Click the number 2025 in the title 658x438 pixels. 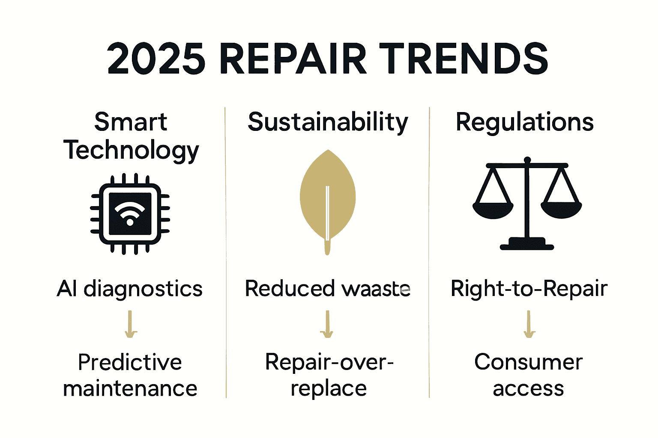(156, 59)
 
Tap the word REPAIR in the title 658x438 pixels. (293, 59)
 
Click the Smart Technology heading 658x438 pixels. (131, 136)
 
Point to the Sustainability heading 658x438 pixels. (328, 122)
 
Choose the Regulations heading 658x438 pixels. (524, 122)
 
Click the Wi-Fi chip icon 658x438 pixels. (130, 214)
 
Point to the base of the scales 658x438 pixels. (527, 244)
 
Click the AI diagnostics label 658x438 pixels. (129, 289)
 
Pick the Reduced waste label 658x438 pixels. (328, 289)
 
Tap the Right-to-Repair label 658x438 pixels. (529, 289)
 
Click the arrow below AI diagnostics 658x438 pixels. (130, 324)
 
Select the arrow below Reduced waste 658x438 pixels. (327, 324)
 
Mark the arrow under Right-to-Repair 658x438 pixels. (529, 324)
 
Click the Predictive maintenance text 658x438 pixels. (130, 375)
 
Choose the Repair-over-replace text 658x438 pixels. (329, 375)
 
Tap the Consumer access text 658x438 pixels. (528, 375)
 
